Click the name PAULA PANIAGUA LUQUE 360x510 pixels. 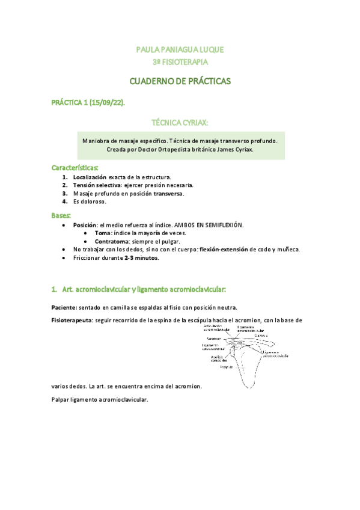[180, 49]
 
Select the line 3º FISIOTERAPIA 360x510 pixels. [180, 61]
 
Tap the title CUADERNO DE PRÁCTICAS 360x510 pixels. [180, 81]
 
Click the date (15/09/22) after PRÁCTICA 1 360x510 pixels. [108, 103]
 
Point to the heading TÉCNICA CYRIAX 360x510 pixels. [180, 123]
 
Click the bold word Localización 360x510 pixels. [90, 177]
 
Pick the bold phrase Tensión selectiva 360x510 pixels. [96, 186]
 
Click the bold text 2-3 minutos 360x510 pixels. [141, 257]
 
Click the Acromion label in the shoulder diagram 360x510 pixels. [214, 339]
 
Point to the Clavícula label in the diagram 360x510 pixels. [260, 336]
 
